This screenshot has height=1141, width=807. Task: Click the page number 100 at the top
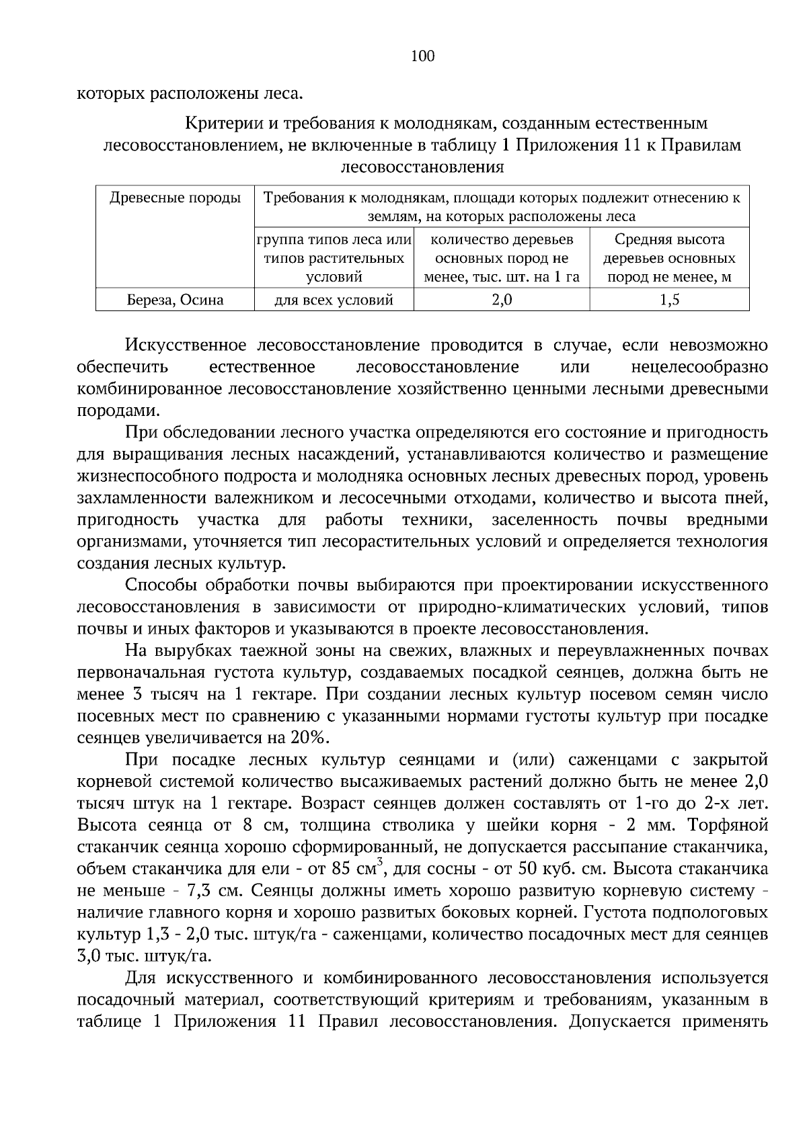click(422, 56)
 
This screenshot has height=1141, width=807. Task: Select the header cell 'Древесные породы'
click(175, 198)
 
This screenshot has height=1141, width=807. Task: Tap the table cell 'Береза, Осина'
click(175, 300)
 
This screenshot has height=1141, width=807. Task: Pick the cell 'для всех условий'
click(334, 300)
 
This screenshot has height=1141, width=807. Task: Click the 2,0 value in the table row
click(502, 300)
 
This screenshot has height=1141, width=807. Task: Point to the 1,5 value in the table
click(669, 300)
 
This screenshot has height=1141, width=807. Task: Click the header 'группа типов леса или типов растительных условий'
click(334, 258)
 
